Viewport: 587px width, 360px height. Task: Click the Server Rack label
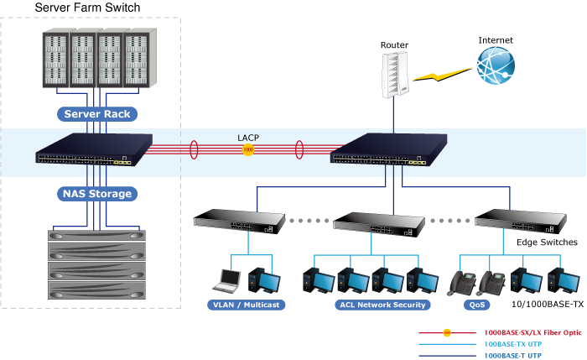(x=97, y=113)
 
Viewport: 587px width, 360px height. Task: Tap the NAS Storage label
(x=97, y=194)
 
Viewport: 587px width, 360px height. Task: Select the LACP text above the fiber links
(x=248, y=136)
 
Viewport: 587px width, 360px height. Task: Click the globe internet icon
(x=495, y=65)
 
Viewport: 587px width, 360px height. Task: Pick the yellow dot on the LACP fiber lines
(x=247, y=150)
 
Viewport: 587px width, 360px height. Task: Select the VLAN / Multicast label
(x=246, y=305)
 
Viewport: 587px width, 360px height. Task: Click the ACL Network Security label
(x=382, y=305)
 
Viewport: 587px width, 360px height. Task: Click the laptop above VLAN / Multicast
(x=228, y=279)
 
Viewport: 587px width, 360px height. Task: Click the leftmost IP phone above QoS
(x=462, y=282)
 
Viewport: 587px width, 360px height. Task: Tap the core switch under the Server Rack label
(x=94, y=149)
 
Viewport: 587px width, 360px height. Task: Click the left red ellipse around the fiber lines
(x=194, y=150)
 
